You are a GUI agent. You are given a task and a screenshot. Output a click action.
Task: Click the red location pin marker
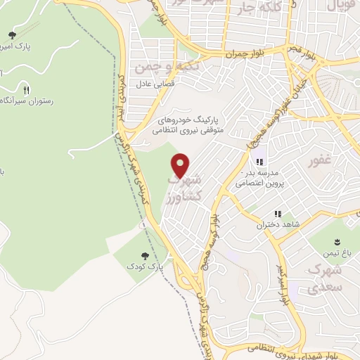tap(181, 165)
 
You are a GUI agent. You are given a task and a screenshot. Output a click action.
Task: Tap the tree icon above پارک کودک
tap(145, 257)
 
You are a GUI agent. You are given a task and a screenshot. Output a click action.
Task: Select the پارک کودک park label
tap(145, 268)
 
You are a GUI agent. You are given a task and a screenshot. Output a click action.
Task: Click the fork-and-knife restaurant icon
tap(27, 89)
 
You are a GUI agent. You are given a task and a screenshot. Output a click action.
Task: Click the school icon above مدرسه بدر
tap(259, 161)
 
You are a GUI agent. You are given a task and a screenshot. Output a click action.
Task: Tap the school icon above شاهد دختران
tap(278, 214)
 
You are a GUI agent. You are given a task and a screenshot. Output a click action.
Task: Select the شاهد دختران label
tap(278, 224)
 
